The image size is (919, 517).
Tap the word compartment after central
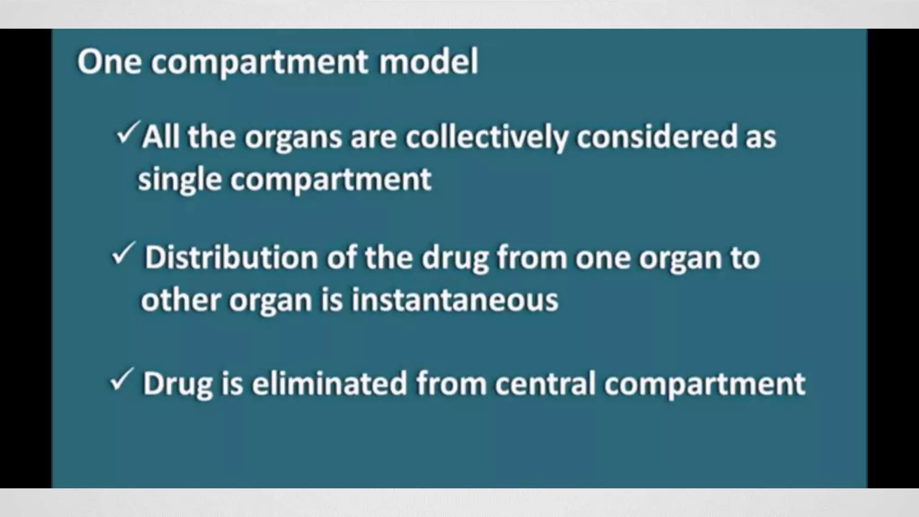coord(705,385)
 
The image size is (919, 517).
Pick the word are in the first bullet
coord(374,137)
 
